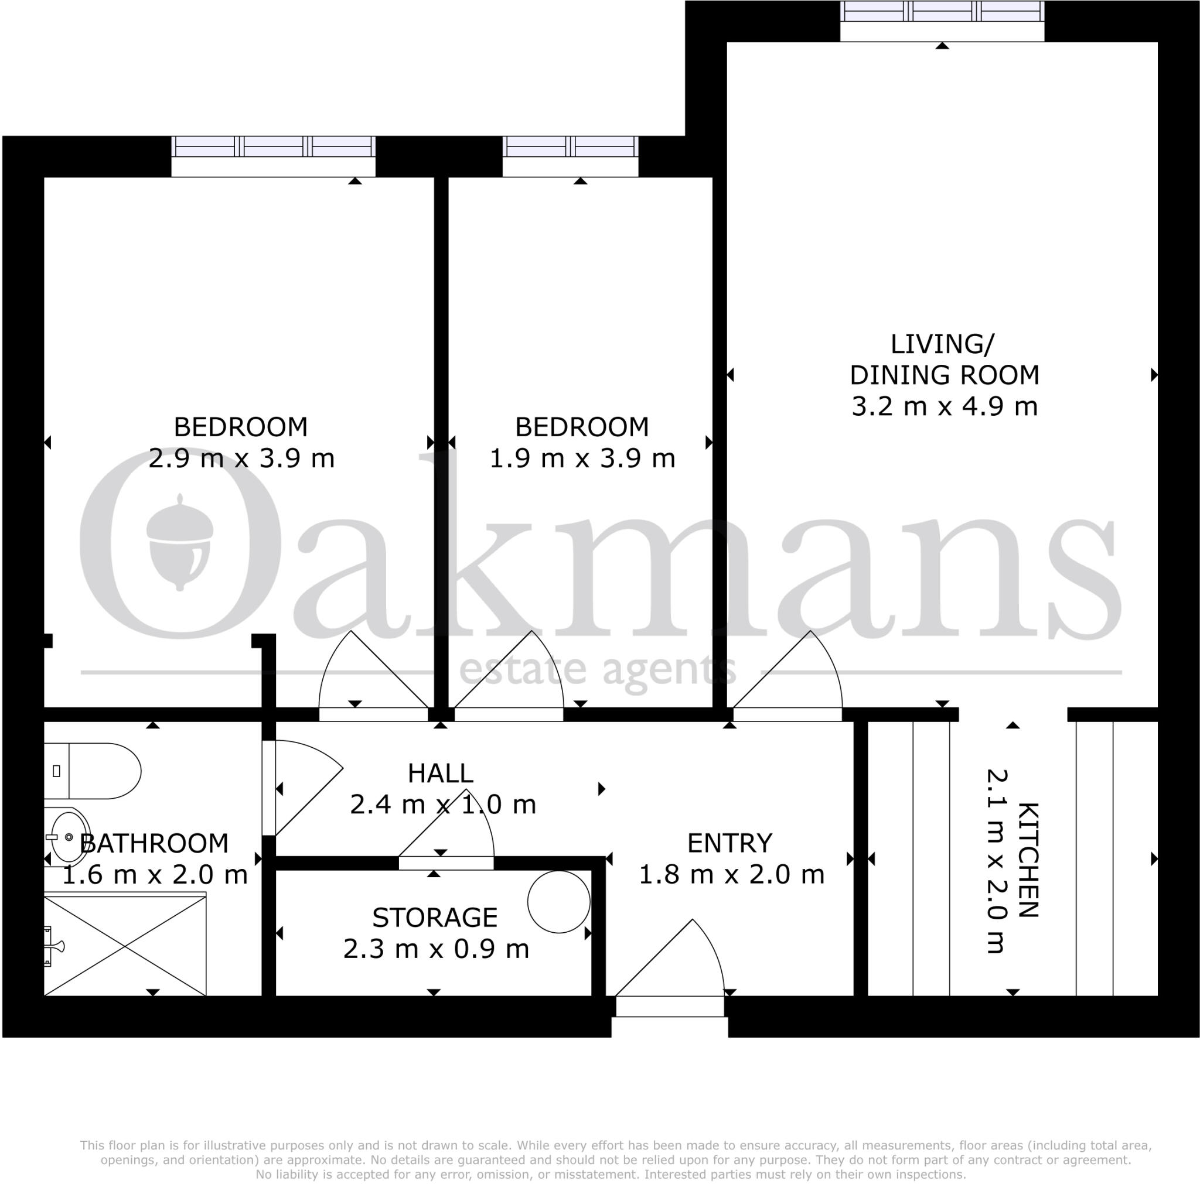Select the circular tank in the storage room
[558, 902]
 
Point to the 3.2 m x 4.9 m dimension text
[944, 406]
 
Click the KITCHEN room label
[1028, 860]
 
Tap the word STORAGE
[435, 917]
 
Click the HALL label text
[441, 773]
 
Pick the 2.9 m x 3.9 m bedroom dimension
[241, 458]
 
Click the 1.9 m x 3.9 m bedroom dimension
[582, 458]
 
